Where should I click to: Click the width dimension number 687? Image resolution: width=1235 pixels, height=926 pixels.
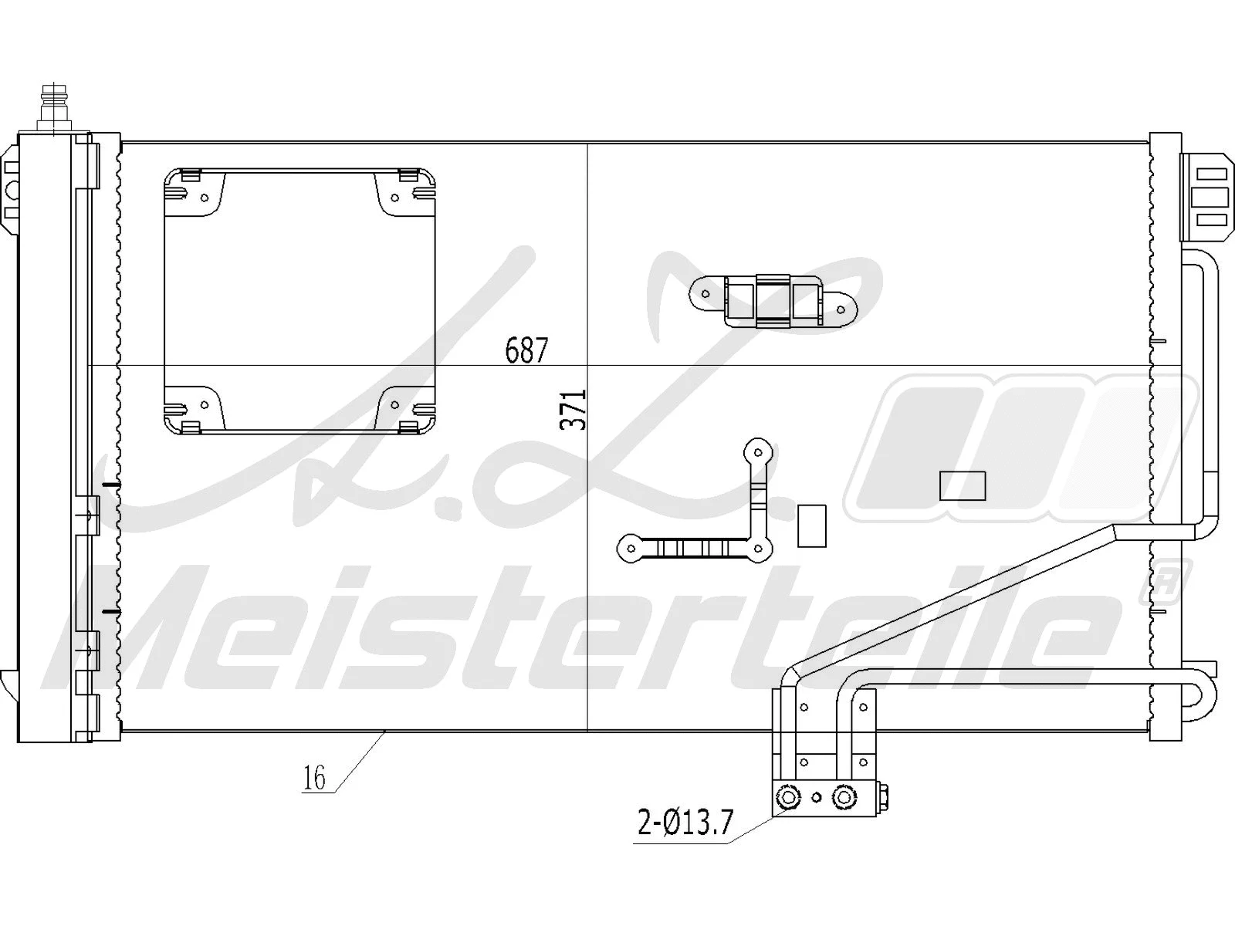click(526, 351)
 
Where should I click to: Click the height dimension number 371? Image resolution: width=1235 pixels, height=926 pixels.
click(574, 409)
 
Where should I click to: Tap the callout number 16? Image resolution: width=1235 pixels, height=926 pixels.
click(314, 779)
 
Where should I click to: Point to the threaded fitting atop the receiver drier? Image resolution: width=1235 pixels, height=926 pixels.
click(53, 108)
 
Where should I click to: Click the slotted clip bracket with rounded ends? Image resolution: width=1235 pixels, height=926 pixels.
click(773, 301)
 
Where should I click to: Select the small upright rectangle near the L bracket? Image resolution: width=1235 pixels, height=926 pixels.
click(811, 526)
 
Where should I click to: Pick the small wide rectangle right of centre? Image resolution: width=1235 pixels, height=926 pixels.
click(963, 485)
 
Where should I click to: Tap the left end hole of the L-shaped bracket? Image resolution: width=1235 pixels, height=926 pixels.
click(631, 549)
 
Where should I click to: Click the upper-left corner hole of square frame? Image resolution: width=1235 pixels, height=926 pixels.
click(205, 198)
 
